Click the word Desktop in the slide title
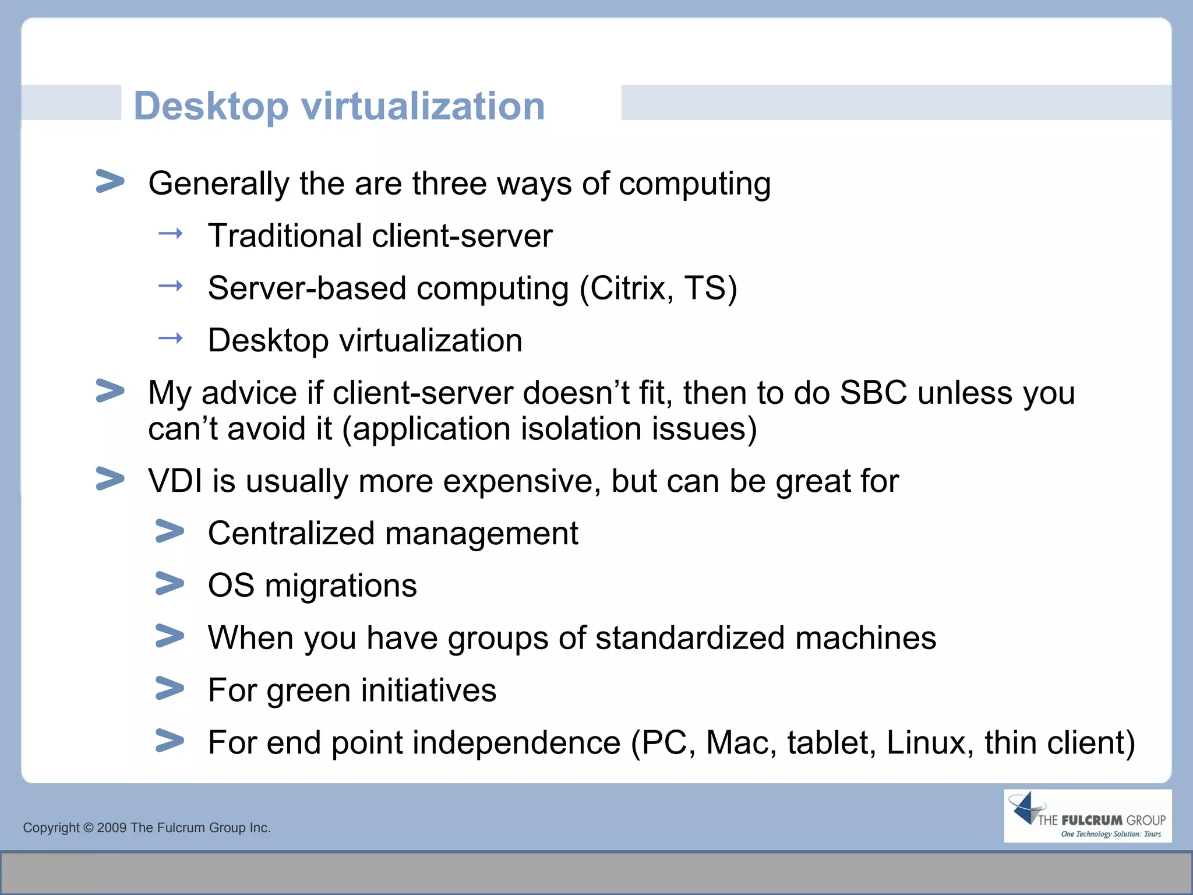tap(211, 107)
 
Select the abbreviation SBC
tap(873, 393)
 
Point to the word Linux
tap(929, 743)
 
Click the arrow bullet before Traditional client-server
tap(170, 234)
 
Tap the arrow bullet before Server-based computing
tap(170, 286)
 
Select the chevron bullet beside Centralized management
tap(170, 531)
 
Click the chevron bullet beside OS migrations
tap(170, 584)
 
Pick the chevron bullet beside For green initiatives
tap(170, 688)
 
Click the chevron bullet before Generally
tap(110, 181)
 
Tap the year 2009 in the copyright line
tap(111, 828)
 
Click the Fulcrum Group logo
tap(1087, 816)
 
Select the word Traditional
tap(285, 236)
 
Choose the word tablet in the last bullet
tap(831, 743)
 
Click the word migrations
tap(341, 586)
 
